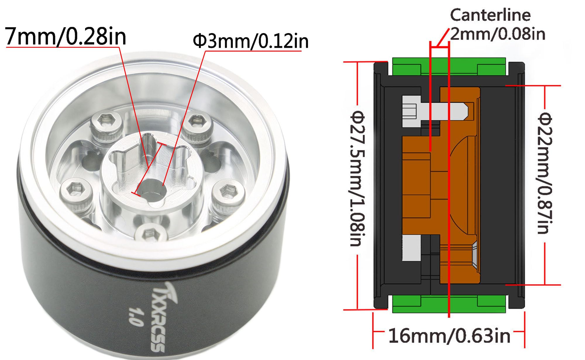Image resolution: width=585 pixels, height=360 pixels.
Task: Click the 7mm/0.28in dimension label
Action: pos(66,36)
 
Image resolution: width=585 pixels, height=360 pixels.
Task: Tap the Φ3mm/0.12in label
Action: pos(250,41)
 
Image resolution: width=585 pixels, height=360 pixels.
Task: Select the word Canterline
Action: pos(490,15)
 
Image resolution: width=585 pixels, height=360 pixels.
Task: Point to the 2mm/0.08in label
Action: pos(498,34)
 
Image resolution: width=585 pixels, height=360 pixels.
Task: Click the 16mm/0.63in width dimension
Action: pos(449,336)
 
